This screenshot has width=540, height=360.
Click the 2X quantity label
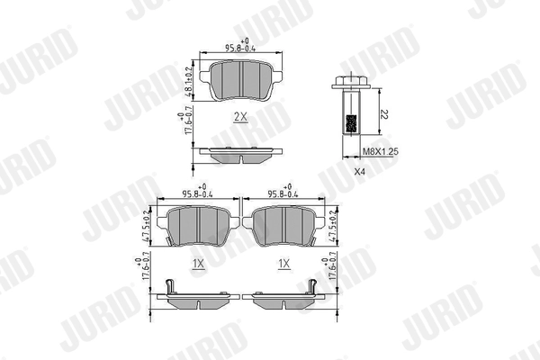(239, 116)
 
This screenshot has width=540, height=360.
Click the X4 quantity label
(360, 170)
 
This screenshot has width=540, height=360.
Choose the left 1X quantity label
(199, 263)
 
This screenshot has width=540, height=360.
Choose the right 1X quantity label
(283, 263)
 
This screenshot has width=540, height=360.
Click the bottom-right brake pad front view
(283, 226)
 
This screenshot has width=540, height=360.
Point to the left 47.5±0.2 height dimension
(148, 227)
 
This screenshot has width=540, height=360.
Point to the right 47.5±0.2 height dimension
(334, 227)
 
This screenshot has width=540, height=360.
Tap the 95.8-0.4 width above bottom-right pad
(284, 191)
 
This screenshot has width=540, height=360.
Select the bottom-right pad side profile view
(284, 297)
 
